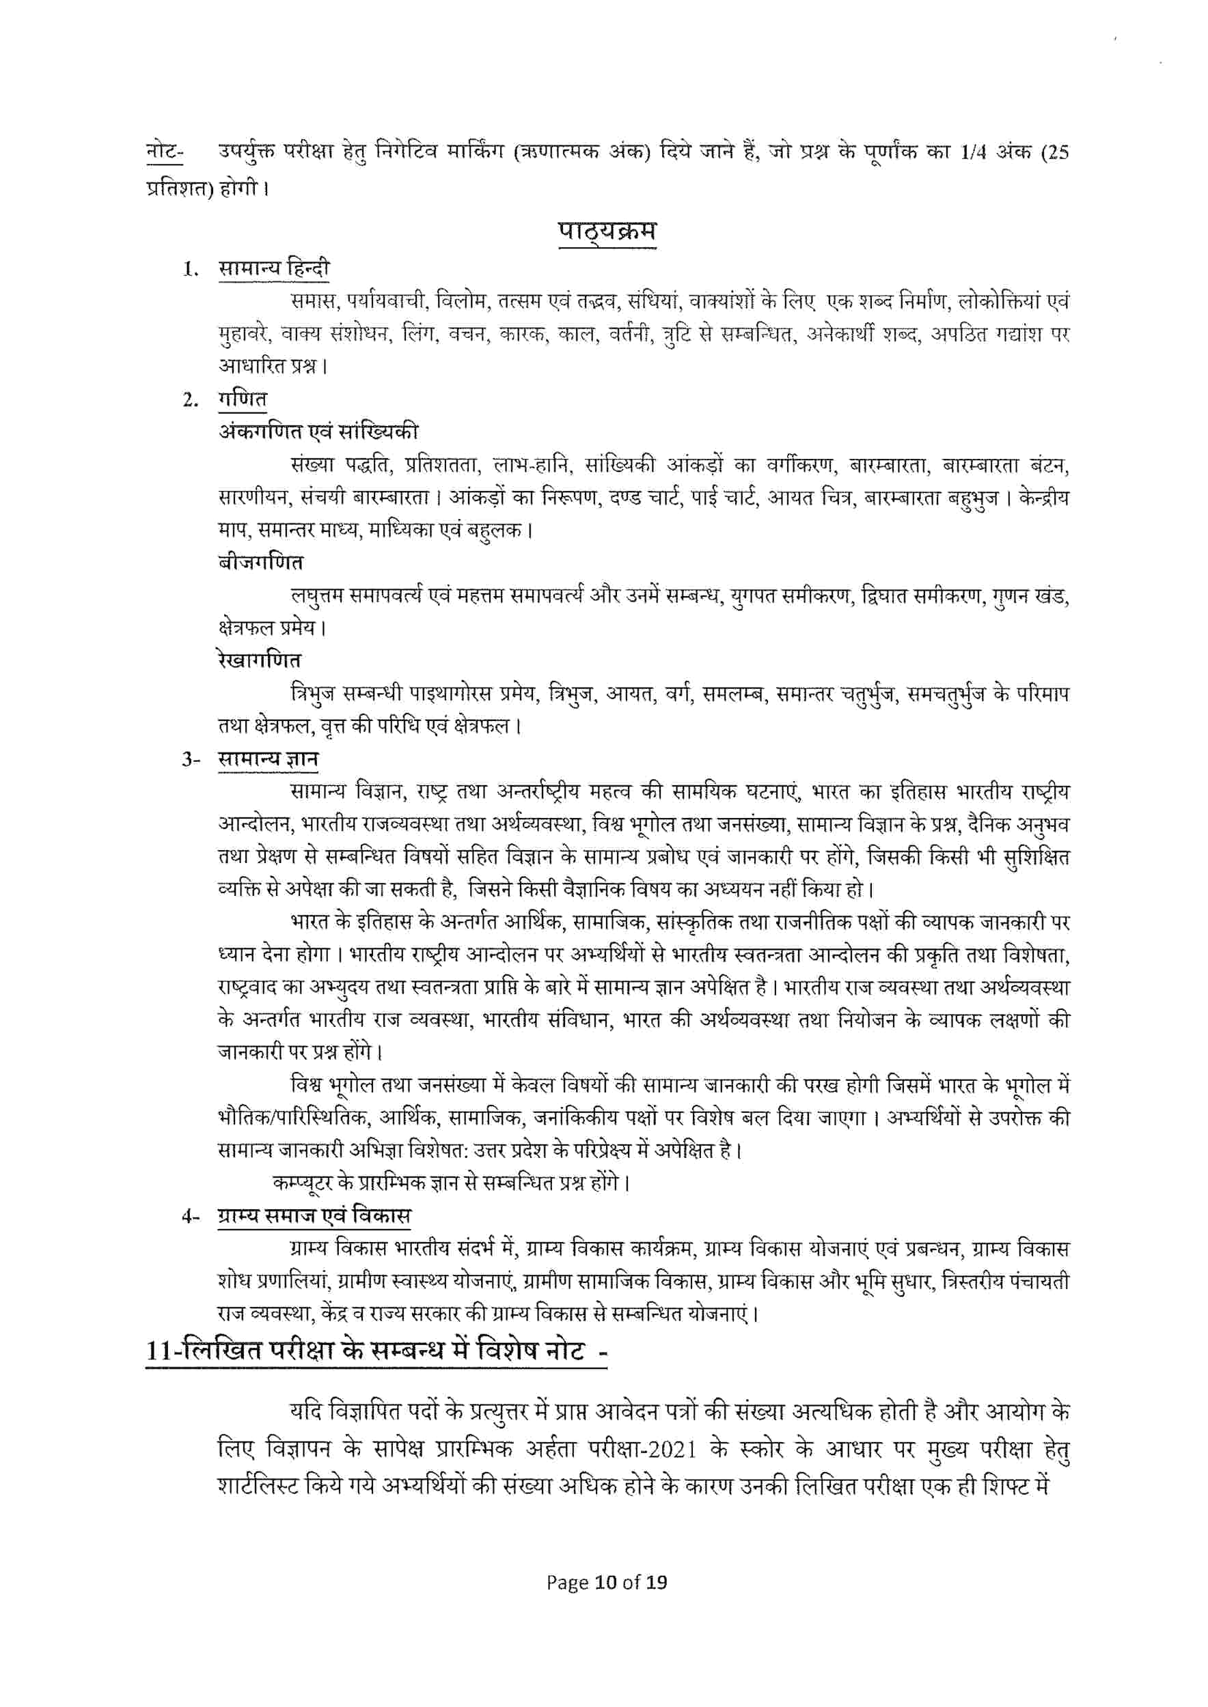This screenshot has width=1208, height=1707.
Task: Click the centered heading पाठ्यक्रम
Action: pyautogui.click(x=607, y=231)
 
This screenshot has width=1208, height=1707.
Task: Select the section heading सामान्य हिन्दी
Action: pyautogui.click(x=274, y=268)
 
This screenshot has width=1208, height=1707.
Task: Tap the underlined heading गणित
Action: pyautogui.click(x=243, y=399)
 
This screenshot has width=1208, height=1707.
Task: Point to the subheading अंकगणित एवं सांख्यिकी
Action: pyautogui.click(x=318, y=432)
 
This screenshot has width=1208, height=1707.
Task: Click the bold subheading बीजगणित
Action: pyautogui.click(x=260, y=563)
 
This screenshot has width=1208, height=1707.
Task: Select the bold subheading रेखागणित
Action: pyautogui.click(x=260, y=660)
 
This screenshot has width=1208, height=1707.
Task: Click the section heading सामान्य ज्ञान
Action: pyautogui.click(x=269, y=759)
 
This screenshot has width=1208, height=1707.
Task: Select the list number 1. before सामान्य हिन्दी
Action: pyautogui.click(x=191, y=270)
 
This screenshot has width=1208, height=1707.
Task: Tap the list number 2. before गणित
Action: pyautogui.click(x=191, y=401)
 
